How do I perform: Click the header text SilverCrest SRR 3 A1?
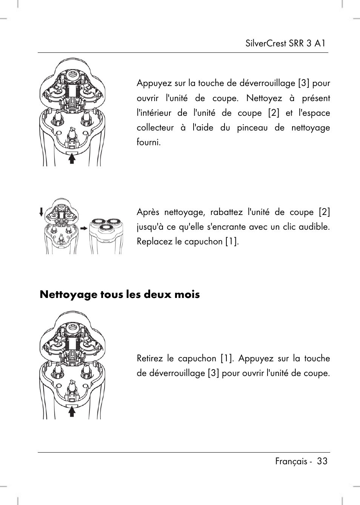285,43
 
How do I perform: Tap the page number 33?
322,461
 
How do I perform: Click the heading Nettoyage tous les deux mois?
120,295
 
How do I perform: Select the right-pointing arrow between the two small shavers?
83,228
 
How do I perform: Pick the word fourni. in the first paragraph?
148,142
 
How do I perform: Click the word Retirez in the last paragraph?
150,358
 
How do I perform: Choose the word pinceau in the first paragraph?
252,127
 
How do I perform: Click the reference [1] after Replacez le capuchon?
231,241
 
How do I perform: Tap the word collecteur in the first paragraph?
155,127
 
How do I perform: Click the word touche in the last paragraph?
317,358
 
